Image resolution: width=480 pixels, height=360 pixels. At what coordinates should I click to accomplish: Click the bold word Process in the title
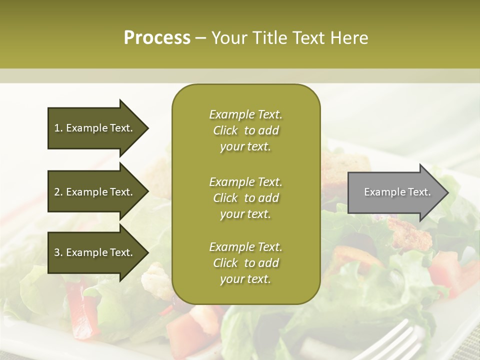[x=157, y=38]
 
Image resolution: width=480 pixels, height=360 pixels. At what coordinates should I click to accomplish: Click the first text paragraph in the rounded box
[x=245, y=130]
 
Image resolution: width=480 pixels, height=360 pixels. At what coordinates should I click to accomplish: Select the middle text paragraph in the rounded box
[x=245, y=197]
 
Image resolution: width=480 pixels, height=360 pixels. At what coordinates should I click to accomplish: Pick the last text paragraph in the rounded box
[x=245, y=263]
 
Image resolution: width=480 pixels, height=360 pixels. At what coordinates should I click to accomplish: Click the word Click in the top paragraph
[x=225, y=130]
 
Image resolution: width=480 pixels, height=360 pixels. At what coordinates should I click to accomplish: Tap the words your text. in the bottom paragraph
[x=245, y=279]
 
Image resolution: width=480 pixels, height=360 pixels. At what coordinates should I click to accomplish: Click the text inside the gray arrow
[x=397, y=192]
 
